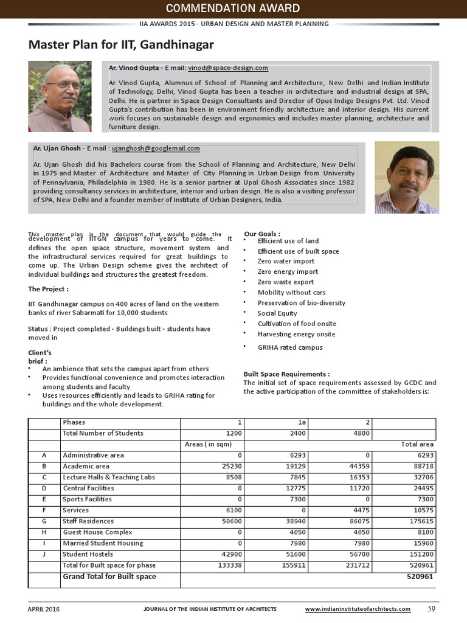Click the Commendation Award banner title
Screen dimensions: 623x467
233,8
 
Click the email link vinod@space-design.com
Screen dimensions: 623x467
228,68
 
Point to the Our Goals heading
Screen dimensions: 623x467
262,234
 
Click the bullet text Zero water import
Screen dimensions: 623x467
286,262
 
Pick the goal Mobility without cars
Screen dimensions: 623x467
291,293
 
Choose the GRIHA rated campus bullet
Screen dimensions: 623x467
289,347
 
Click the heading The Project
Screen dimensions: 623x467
49,288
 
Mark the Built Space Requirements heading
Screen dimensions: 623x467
286,374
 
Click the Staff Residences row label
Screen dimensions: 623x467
88,521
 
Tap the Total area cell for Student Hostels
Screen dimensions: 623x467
419,554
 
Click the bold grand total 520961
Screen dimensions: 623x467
419,577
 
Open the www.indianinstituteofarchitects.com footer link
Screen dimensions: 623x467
358,609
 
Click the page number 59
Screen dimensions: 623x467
432,608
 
